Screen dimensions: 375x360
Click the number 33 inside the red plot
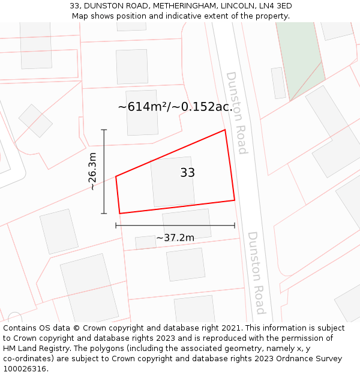tap(187, 173)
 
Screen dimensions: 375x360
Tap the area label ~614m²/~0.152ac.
tap(175, 107)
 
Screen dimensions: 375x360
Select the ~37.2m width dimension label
tap(175, 238)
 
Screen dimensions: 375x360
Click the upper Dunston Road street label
tap(236, 113)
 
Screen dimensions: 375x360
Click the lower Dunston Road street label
tap(256, 273)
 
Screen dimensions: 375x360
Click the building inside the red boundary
tap(172, 182)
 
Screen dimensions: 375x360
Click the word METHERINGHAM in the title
tap(180, 5)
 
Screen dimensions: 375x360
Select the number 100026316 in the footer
tap(23, 369)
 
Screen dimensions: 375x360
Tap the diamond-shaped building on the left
tap(35, 121)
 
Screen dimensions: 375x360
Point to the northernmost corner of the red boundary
tap(225, 130)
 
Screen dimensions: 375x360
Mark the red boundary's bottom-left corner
tap(120, 213)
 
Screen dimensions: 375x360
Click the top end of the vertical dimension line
tap(104, 130)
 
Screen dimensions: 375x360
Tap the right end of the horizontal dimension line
tap(235, 226)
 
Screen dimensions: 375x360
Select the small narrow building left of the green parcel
tap(278, 83)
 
